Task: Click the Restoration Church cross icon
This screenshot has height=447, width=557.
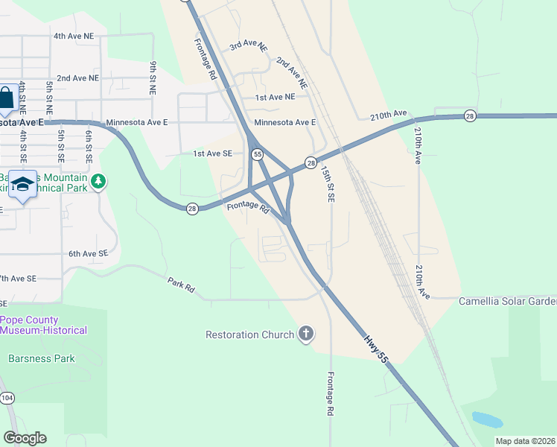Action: [x=306, y=335]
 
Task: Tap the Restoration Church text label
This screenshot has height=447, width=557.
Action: [x=250, y=335]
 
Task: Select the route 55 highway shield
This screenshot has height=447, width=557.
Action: [x=257, y=154]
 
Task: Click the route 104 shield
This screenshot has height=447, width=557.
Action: [x=7, y=399]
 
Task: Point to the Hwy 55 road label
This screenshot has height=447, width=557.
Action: [x=376, y=348]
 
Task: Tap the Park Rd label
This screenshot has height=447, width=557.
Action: [x=181, y=284]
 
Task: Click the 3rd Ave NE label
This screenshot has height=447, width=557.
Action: [x=248, y=45]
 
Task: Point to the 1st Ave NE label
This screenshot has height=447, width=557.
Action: [x=275, y=97]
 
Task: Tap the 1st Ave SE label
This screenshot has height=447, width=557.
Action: [x=213, y=153]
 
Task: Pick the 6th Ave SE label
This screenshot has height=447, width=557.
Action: [x=89, y=254]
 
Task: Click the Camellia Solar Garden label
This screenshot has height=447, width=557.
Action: [x=507, y=302]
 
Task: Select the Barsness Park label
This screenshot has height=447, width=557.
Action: [x=42, y=358]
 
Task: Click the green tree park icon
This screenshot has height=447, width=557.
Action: [x=98, y=181]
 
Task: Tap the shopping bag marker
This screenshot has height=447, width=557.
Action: [x=7, y=97]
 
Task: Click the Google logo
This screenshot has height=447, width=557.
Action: [x=25, y=438]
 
